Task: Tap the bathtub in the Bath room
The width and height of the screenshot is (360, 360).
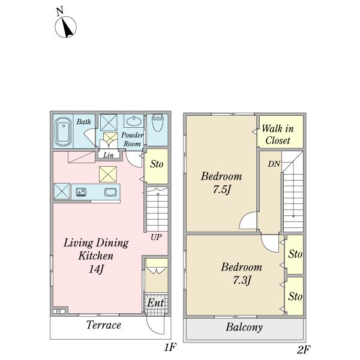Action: (63, 131)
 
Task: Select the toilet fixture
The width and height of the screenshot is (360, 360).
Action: (157, 123)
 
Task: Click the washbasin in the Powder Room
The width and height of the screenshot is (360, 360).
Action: (134, 121)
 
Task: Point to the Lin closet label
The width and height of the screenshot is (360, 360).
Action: (109, 155)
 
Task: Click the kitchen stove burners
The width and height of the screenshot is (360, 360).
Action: (81, 192)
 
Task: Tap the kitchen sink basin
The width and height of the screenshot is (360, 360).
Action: (110, 192)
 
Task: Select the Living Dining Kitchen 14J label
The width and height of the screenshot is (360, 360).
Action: (96, 256)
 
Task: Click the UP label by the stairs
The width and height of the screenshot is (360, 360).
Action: (156, 237)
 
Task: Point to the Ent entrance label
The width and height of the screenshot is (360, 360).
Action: (155, 303)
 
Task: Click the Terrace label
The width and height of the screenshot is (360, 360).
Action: (104, 325)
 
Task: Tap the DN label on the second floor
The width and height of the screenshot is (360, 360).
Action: (274, 164)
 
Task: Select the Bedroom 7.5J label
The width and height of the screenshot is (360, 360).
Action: (221, 183)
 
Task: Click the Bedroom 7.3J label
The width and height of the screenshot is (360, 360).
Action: (242, 274)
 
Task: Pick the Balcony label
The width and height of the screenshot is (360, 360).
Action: (244, 327)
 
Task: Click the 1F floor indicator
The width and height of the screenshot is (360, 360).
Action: (170, 347)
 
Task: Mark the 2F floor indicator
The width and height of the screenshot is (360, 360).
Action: (304, 350)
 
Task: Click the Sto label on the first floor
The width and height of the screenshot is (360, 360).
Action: (157, 164)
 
